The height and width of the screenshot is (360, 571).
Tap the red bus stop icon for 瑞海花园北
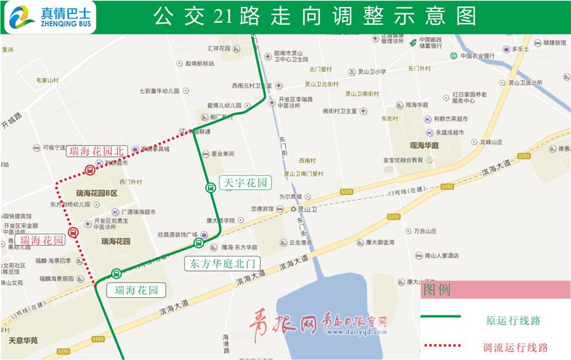click(89, 170)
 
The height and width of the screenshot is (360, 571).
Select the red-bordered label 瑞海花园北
click(97, 151)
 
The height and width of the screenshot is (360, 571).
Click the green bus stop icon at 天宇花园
click(210, 187)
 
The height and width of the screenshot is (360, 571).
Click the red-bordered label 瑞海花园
click(41, 241)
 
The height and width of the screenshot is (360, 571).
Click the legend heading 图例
click(437, 290)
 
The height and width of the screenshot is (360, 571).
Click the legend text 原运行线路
click(513, 320)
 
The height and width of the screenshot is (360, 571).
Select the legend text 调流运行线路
click(515, 347)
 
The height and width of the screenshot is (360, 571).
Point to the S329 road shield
click(346, 191)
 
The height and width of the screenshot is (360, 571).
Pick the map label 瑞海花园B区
click(97, 193)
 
